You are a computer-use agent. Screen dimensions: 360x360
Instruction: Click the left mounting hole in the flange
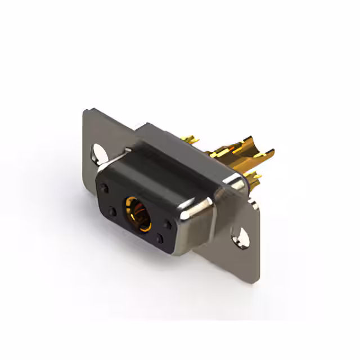pos(100,152)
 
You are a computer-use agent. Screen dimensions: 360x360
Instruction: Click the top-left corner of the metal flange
pos(85,111)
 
